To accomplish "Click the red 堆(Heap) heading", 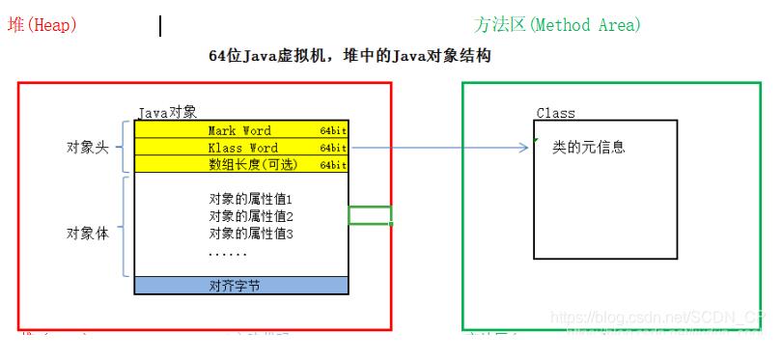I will (x=42, y=25).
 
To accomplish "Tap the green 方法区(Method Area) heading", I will (x=557, y=25).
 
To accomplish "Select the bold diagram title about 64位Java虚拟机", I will (x=349, y=57).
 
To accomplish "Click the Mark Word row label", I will (x=239, y=130).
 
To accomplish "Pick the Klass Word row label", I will (x=242, y=148).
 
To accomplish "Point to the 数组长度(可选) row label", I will (x=254, y=165).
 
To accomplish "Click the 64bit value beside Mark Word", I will (x=333, y=131).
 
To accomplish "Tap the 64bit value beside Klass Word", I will (x=333, y=149).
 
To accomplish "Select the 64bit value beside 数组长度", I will (x=333, y=166).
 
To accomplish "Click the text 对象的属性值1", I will (x=251, y=199).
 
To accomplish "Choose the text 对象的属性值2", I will (x=251, y=216).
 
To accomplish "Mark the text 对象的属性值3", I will (x=251, y=234).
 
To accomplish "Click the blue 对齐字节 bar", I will (x=240, y=286).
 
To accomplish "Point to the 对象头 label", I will (x=87, y=147).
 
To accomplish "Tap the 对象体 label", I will (x=87, y=233).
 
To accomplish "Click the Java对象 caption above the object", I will (x=168, y=113).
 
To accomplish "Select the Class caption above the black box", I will (x=555, y=114).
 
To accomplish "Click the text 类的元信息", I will (x=588, y=147).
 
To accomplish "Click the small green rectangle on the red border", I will (x=370, y=215).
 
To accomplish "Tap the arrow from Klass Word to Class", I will (x=439, y=149).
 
